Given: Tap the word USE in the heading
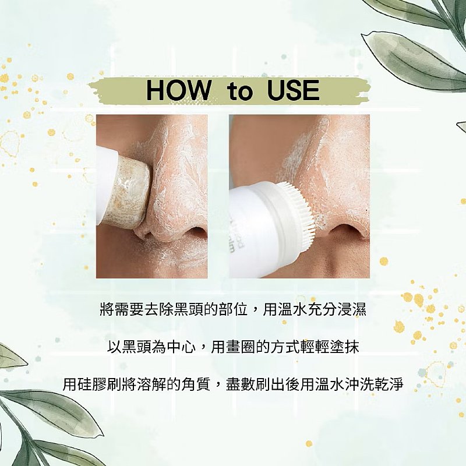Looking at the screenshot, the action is pyautogui.click(x=294, y=90).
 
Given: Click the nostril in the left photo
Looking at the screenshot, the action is pyautogui.click(x=195, y=232).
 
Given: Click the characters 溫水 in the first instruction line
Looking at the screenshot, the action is pyautogui.click(x=292, y=310).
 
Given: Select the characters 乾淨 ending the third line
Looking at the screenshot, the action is pyautogui.click(x=389, y=384).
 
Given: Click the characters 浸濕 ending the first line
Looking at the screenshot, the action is pyautogui.click(x=352, y=310).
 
